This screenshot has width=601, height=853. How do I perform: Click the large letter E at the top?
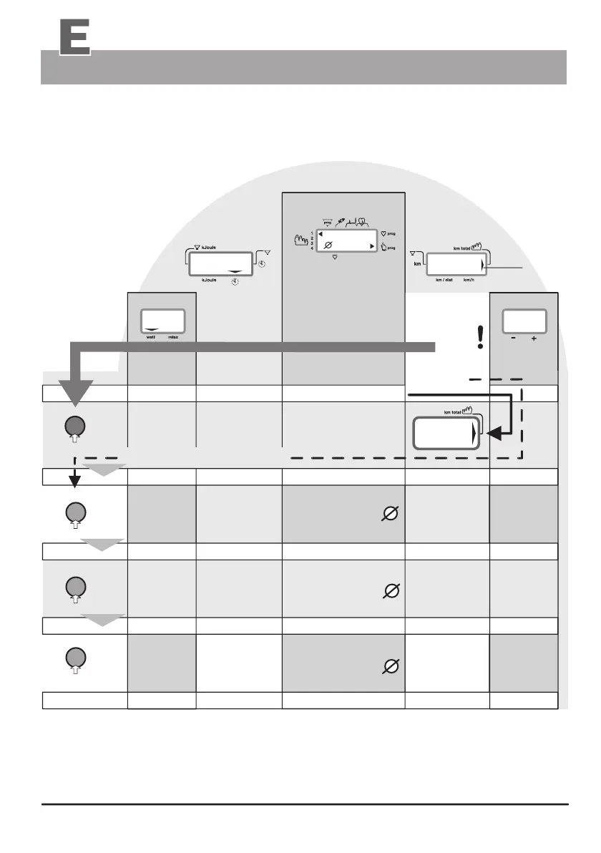74,36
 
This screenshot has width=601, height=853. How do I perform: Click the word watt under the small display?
151,334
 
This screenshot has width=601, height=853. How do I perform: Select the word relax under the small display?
173,334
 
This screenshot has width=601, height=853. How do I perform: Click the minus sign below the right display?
513,339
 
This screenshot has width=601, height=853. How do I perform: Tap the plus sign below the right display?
534,339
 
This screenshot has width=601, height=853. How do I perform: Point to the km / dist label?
446,280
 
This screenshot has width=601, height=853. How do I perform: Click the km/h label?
470,280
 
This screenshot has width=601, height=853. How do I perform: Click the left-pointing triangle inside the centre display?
321,234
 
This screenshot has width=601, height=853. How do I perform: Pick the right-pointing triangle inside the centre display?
371,245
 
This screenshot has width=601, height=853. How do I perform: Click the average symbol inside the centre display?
328,245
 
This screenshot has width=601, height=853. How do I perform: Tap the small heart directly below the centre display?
335,256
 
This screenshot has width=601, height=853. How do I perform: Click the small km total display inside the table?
445,434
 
